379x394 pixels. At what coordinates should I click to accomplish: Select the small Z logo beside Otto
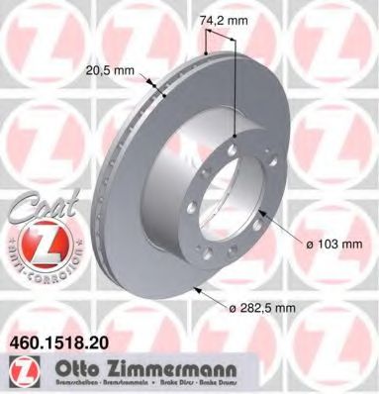click(x=16, y=367)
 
